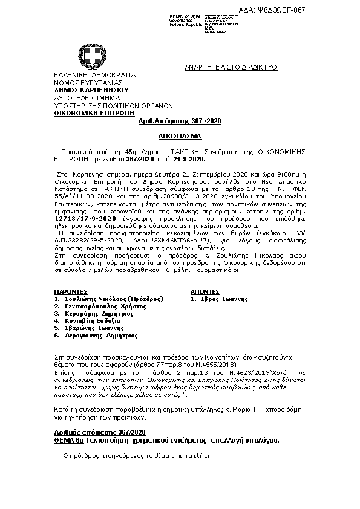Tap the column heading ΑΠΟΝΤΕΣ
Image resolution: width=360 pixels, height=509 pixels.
(205, 291)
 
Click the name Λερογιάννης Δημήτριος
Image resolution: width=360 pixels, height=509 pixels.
(100, 335)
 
